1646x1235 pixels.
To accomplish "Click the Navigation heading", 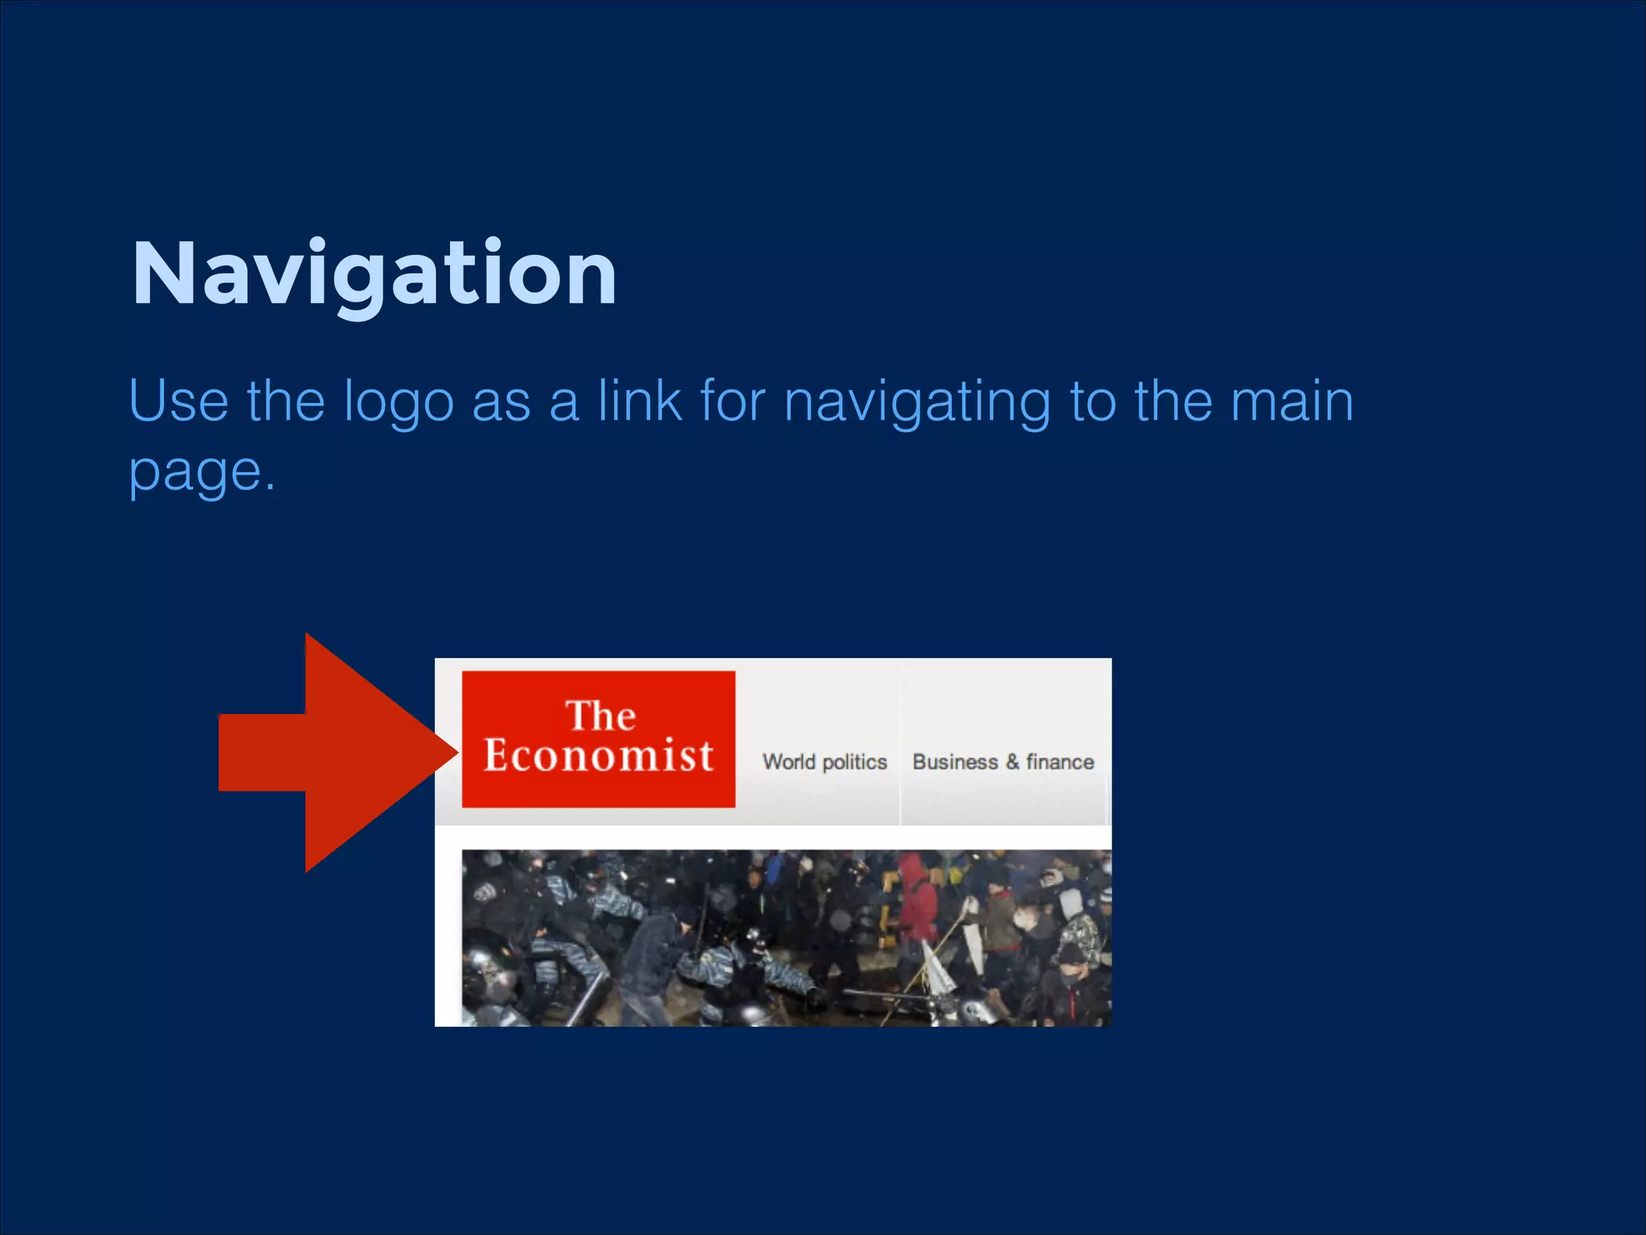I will tap(374, 274).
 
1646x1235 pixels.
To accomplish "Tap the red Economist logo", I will tap(598, 739).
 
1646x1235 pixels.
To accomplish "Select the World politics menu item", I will tap(825, 761).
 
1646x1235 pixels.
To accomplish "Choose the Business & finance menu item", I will tap(1003, 761).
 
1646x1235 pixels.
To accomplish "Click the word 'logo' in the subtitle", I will tap(399, 402).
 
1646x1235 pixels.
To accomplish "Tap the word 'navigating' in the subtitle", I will tap(917, 402).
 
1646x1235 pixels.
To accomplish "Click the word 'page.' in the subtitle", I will tap(202, 473).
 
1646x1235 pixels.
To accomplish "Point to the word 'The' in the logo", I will tap(600, 716).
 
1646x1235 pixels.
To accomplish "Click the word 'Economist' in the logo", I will tap(598, 756).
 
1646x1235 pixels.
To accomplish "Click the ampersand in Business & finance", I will tap(1012, 761).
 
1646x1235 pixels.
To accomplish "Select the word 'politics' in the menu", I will tap(854, 762).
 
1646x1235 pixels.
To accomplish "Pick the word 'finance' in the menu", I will tap(1060, 761).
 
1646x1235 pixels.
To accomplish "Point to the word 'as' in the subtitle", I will tap(501, 402).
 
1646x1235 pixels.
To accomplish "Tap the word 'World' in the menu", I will tap(788, 761).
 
